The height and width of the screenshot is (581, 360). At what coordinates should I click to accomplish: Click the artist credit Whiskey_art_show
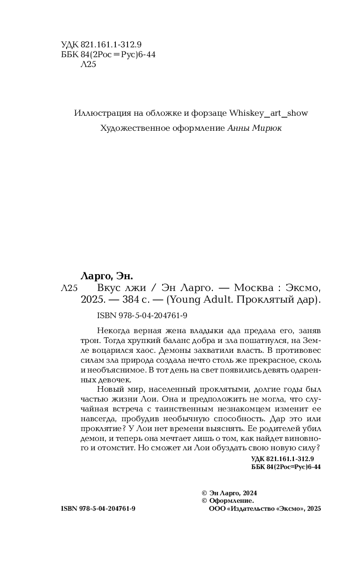pyautogui.click(x=269, y=113)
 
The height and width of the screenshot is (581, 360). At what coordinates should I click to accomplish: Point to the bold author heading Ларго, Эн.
pyautogui.click(x=105, y=276)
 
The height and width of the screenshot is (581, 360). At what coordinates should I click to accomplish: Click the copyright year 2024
pyautogui.click(x=249, y=493)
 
